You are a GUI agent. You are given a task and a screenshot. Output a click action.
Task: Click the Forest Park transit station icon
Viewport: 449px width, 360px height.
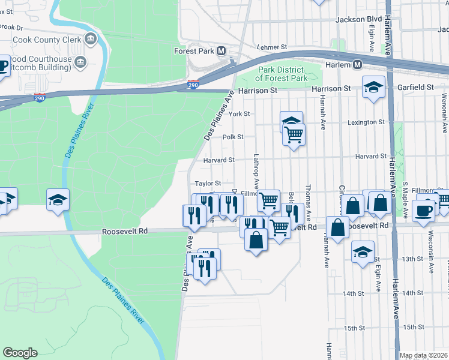pyautogui.click(x=221, y=51)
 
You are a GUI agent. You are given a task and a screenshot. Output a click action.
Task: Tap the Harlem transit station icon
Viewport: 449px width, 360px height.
pyautogui.click(x=357, y=64)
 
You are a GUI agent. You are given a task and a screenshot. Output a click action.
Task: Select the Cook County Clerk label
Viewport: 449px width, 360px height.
pyautogui.click(x=47, y=40)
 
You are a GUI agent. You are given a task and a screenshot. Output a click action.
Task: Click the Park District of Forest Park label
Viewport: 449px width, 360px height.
pyautogui.click(x=281, y=74)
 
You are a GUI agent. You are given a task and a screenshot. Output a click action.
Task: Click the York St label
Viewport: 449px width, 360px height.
pyautogui.click(x=239, y=113)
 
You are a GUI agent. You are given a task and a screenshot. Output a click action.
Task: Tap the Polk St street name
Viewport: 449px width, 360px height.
pyautogui.click(x=233, y=137)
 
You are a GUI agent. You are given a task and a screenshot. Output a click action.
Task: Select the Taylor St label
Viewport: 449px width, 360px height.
pyautogui.click(x=208, y=183)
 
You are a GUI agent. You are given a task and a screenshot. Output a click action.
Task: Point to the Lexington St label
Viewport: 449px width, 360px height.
pyautogui.click(x=366, y=122)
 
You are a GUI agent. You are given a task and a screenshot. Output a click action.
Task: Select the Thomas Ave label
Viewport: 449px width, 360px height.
pyautogui.click(x=308, y=202)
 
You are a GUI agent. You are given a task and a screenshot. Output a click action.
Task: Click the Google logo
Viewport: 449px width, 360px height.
pyautogui.click(x=20, y=353)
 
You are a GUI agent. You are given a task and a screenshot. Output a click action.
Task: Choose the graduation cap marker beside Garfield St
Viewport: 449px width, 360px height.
pyautogui.click(x=373, y=88)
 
